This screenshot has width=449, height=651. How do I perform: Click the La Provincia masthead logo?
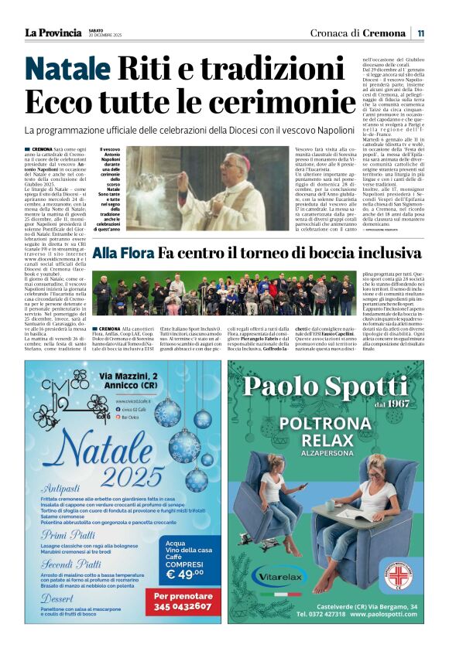(53, 32)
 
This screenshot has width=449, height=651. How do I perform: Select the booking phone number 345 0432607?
(187, 608)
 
